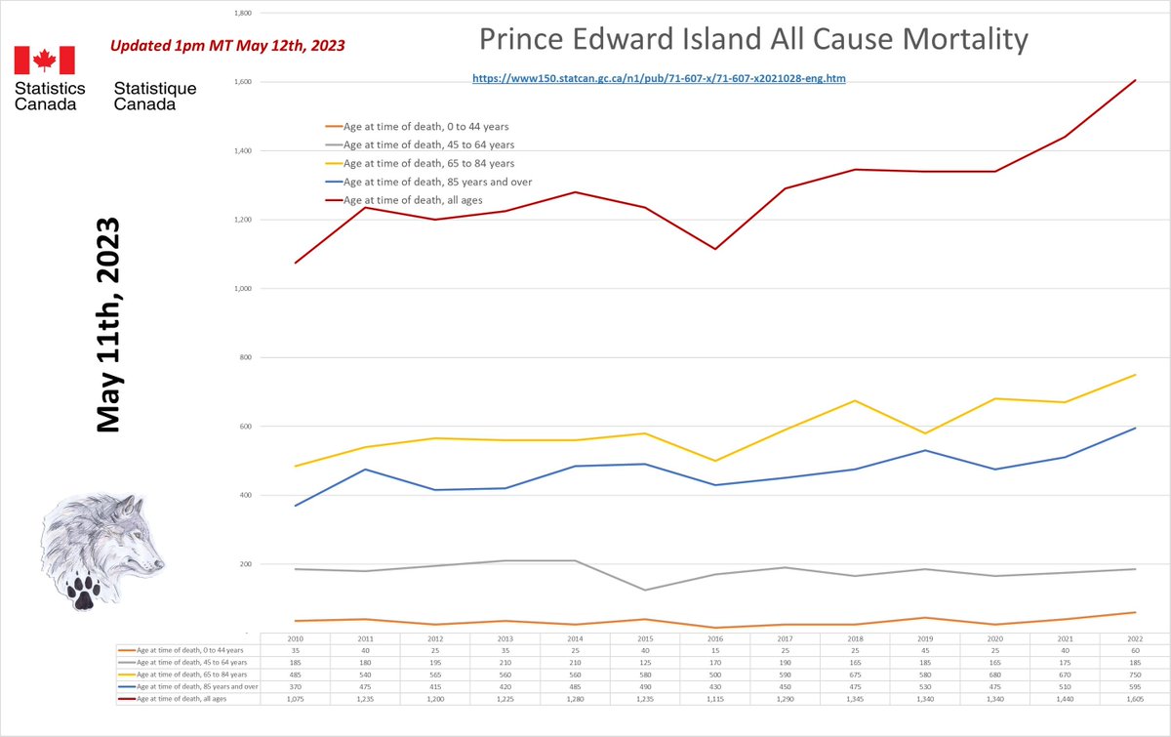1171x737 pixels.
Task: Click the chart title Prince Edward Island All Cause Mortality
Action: tap(753, 40)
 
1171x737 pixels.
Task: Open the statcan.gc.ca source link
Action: tap(659, 77)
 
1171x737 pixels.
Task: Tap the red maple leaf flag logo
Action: tap(44, 61)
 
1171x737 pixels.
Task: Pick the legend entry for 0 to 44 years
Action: tap(425, 126)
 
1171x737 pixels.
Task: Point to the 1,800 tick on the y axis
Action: tap(243, 14)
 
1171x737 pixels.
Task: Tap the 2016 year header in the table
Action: tap(715, 637)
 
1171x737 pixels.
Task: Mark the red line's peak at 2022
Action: tap(1136, 80)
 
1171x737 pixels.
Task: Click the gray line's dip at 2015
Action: tap(645, 590)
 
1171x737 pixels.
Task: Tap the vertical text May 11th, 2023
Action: tap(107, 324)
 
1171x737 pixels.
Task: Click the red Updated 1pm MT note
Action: tap(226, 46)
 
